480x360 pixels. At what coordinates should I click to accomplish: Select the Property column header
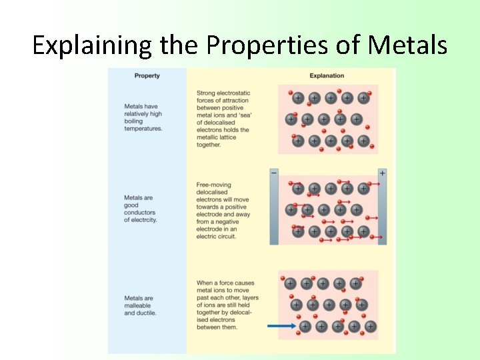(x=147, y=76)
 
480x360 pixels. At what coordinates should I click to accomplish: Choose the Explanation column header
(x=327, y=76)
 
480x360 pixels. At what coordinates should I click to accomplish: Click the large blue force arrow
(x=281, y=326)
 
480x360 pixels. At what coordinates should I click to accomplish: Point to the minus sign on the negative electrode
(x=273, y=173)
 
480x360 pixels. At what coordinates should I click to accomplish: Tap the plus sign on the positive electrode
(x=382, y=173)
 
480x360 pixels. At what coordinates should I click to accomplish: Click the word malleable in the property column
(x=139, y=305)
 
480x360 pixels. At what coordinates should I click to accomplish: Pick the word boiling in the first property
(x=133, y=121)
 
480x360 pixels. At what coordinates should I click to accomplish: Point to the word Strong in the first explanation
(x=206, y=93)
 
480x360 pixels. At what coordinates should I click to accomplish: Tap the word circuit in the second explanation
(x=225, y=237)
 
